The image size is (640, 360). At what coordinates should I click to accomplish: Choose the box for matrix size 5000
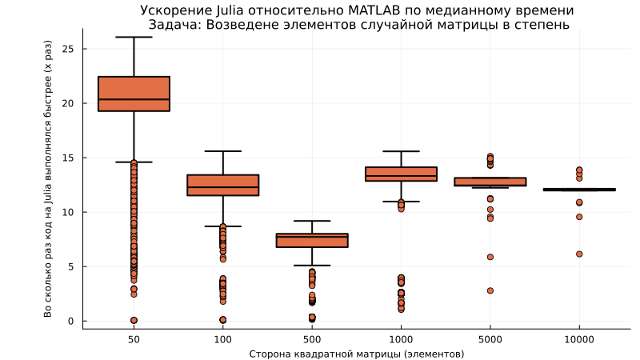pos(490,182)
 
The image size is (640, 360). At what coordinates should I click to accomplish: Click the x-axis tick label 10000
pos(579,340)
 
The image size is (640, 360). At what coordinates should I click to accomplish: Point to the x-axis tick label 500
pos(312,340)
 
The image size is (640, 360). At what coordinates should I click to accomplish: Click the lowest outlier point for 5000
pos(490,290)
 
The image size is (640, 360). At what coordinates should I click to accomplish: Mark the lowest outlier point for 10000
pos(579,254)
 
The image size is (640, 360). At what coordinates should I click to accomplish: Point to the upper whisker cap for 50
pos(134,37)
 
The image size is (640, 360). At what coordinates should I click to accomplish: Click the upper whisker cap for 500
pos(312,221)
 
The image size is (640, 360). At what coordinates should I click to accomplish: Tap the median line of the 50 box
pos(134,99)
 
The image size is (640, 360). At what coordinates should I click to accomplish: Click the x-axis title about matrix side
pos(356,354)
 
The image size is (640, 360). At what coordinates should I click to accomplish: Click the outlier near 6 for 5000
pos(490,257)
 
